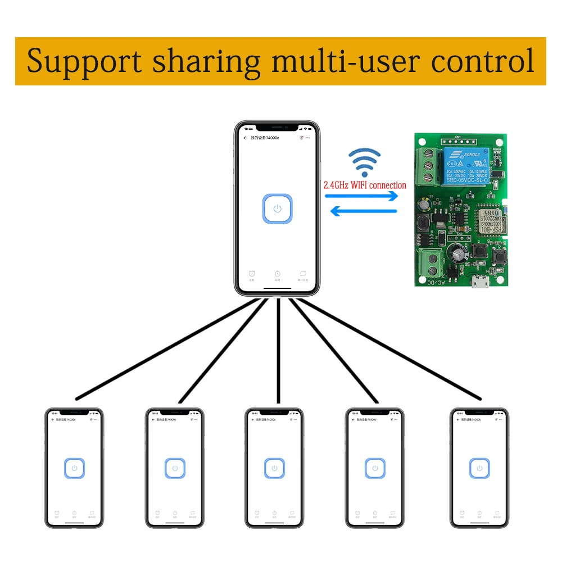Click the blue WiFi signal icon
(364, 163)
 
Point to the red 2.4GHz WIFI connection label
(365, 185)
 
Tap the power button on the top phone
(277, 209)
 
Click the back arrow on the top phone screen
(245, 138)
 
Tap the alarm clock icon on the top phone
(251, 274)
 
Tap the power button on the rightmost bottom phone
(479, 468)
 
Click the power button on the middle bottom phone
(274, 468)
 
